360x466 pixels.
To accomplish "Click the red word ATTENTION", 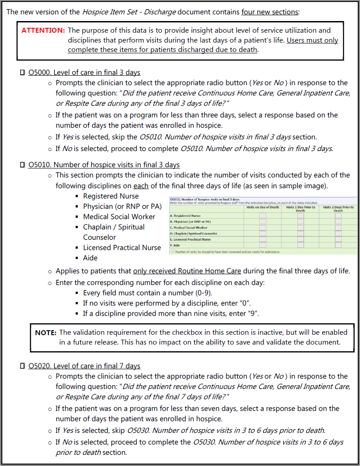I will tap(43, 30).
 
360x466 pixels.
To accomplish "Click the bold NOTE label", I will tap(46, 332).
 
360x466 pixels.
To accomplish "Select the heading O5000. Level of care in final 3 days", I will tap(84, 73).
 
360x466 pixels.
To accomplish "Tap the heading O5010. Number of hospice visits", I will tap(104, 165).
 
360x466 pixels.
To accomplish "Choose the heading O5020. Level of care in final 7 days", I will tap(84, 366).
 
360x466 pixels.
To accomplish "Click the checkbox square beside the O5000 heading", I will tap(22, 73).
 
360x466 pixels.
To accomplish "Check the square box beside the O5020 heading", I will tap(22, 366).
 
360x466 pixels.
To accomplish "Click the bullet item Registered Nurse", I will tap(111, 196).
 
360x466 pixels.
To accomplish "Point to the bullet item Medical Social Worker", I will tap(119, 217).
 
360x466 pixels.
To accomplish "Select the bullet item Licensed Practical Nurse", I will tap(122, 248).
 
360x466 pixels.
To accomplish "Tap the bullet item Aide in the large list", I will tap(90, 258).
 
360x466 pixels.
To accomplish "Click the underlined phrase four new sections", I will tap(270, 12).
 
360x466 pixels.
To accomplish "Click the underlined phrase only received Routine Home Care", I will tap(187, 271).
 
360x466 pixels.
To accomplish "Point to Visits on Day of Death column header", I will tap(262, 207).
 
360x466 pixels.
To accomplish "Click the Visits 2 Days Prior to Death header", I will tap(338, 209).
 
